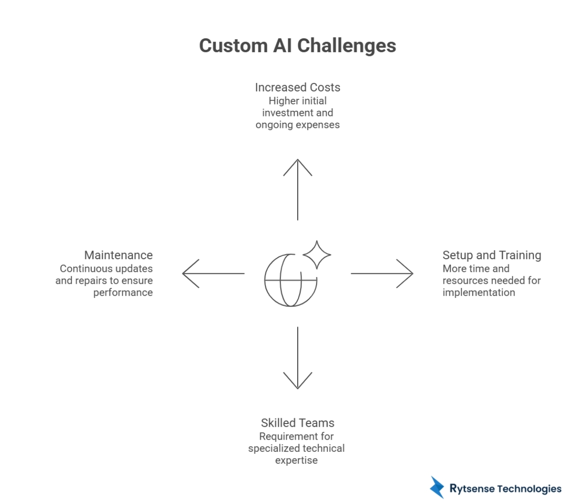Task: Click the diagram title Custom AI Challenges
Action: pos(297,46)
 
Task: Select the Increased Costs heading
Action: pos(297,88)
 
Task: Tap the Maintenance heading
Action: pos(118,255)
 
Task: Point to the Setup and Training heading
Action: pos(491,255)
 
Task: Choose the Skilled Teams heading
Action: pos(297,423)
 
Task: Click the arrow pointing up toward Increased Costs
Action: pos(297,189)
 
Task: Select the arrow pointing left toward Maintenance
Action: pos(213,273)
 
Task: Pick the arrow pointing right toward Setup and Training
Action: pos(382,273)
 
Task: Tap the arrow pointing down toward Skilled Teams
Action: pos(297,358)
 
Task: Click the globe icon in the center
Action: pos(290,280)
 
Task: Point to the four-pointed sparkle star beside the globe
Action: pos(317,255)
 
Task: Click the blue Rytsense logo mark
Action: pos(437,487)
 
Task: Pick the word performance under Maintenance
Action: pos(123,293)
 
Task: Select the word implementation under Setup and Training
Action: pos(479,293)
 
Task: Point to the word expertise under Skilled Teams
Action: pos(296,460)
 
